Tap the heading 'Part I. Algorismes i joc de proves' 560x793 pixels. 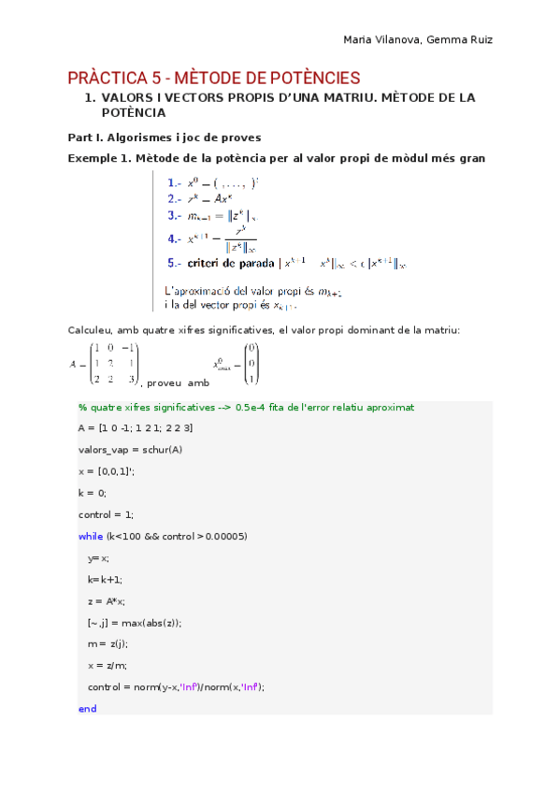click(x=165, y=137)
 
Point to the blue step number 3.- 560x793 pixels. click(x=175, y=216)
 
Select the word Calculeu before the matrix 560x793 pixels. click(x=92, y=330)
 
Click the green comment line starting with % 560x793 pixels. click(x=246, y=408)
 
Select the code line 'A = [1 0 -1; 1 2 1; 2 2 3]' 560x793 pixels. click(x=135, y=427)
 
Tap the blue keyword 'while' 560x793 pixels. click(x=91, y=536)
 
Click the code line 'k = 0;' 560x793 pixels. click(x=93, y=492)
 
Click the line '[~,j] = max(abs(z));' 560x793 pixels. click(x=135, y=622)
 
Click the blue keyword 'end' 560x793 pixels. click(x=87, y=709)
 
